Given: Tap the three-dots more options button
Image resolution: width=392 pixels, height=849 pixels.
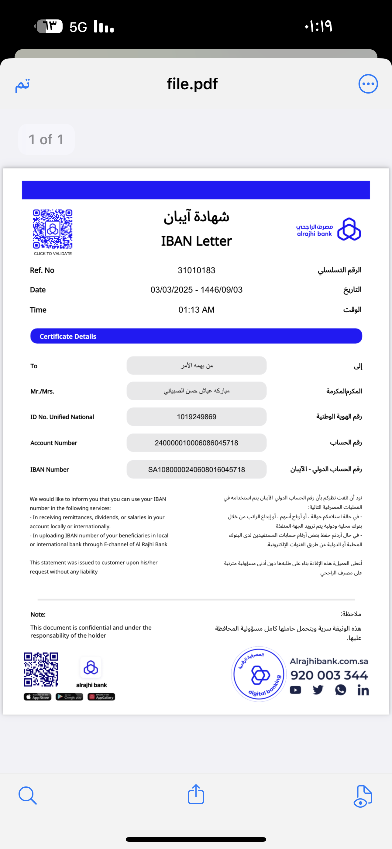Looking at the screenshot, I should pos(368,84).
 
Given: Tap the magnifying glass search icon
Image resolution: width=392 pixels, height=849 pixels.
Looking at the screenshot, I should pos(27,795).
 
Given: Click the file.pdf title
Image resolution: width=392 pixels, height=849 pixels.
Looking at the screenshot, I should pos(192,84).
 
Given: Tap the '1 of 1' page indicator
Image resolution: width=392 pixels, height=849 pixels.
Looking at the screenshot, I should pos(46,139).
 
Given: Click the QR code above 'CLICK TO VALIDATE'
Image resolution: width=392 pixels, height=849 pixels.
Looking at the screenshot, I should pos(53,229).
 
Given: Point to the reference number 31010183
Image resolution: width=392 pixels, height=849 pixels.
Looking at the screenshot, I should pos(196,270).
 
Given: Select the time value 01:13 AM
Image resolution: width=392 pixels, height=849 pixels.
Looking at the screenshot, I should pos(196,310).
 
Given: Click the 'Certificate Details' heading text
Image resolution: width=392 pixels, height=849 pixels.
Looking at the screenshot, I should pos(68,336).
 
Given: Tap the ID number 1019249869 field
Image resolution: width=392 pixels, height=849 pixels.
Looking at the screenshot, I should pos(196,417).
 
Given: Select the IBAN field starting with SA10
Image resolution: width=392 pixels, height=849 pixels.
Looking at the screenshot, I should pos(196,469).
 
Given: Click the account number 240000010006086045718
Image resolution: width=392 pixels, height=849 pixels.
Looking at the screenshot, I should pos(196,443).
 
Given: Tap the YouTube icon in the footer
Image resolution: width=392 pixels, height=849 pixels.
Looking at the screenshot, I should pos(295,690).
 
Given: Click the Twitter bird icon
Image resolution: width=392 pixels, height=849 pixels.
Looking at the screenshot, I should pos(318,690).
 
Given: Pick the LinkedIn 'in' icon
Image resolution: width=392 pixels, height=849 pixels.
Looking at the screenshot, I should pos(363,690).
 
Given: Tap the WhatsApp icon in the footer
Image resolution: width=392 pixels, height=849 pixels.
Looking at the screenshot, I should pos(341,690).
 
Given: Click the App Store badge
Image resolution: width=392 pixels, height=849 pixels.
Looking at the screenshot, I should pos(37,697).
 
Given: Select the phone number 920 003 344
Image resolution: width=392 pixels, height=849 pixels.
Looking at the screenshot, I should pos(329,675).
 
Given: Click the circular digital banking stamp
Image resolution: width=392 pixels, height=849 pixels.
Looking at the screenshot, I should pos(259,674).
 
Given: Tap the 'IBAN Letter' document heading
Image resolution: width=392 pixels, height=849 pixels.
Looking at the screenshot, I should pos(196,241).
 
